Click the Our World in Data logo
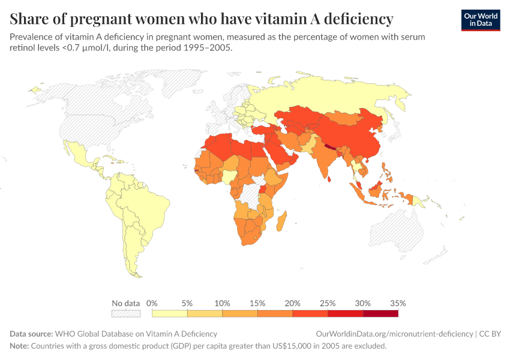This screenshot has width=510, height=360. pos(480,20)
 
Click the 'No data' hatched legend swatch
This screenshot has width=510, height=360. pos(125,313)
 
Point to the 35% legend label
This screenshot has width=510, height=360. pos(398,303)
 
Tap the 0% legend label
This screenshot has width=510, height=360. pos(152,303)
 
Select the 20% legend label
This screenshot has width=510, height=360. pos(293,303)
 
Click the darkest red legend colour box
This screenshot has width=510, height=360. pos(380,313)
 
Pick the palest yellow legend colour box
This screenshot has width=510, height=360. pos(170,313)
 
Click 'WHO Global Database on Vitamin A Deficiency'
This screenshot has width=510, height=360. pos(136,334)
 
